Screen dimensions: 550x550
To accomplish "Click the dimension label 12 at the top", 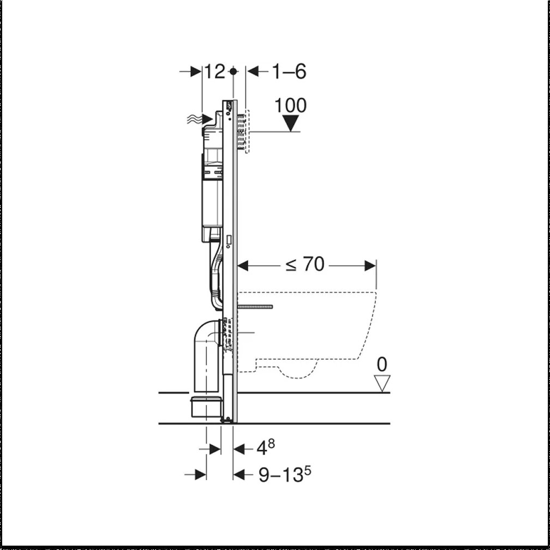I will [x=214, y=71].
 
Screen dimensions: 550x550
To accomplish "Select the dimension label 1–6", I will [x=289, y=71].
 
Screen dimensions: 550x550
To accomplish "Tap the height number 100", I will [x=290, y=105].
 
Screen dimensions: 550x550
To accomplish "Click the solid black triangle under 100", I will [x=291, y=123].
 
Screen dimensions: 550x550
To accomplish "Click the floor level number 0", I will [x=382, y=364].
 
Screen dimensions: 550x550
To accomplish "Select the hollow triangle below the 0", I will [x=382, y=382].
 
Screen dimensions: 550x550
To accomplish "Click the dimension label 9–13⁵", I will [x=280, y=474].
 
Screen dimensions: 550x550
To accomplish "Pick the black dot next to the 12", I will [x=234, y=71].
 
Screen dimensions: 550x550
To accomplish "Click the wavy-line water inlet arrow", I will [x=199, y=119].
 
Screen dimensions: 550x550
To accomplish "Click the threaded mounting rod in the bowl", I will [x=255, y=307].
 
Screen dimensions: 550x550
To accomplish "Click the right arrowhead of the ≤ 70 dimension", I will [x=370, y=266].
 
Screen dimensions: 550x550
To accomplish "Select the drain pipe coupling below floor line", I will [x=206, y=406].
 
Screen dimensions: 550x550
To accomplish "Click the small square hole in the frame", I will [x=229, y=239].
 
